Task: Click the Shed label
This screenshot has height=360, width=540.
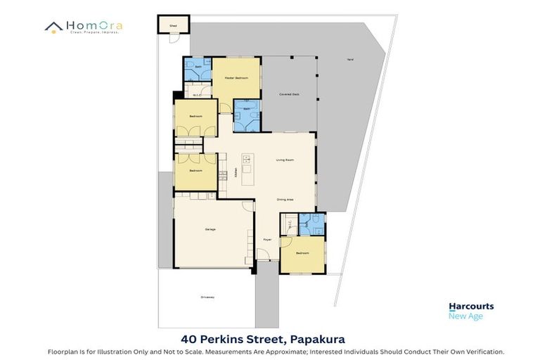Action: coord(172,25)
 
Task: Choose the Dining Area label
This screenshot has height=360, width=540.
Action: coord(285,200)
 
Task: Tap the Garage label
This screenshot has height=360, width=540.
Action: coord(210,230)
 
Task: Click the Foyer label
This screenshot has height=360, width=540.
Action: coord(267,240)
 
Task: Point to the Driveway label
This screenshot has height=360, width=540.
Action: coord(207,297)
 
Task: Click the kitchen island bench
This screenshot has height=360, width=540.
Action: coord(247,169)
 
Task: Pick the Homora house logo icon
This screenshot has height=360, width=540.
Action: coord(54,27)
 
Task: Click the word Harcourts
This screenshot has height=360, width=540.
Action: coord(471,307)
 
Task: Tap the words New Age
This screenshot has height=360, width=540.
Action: coord(465,316)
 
